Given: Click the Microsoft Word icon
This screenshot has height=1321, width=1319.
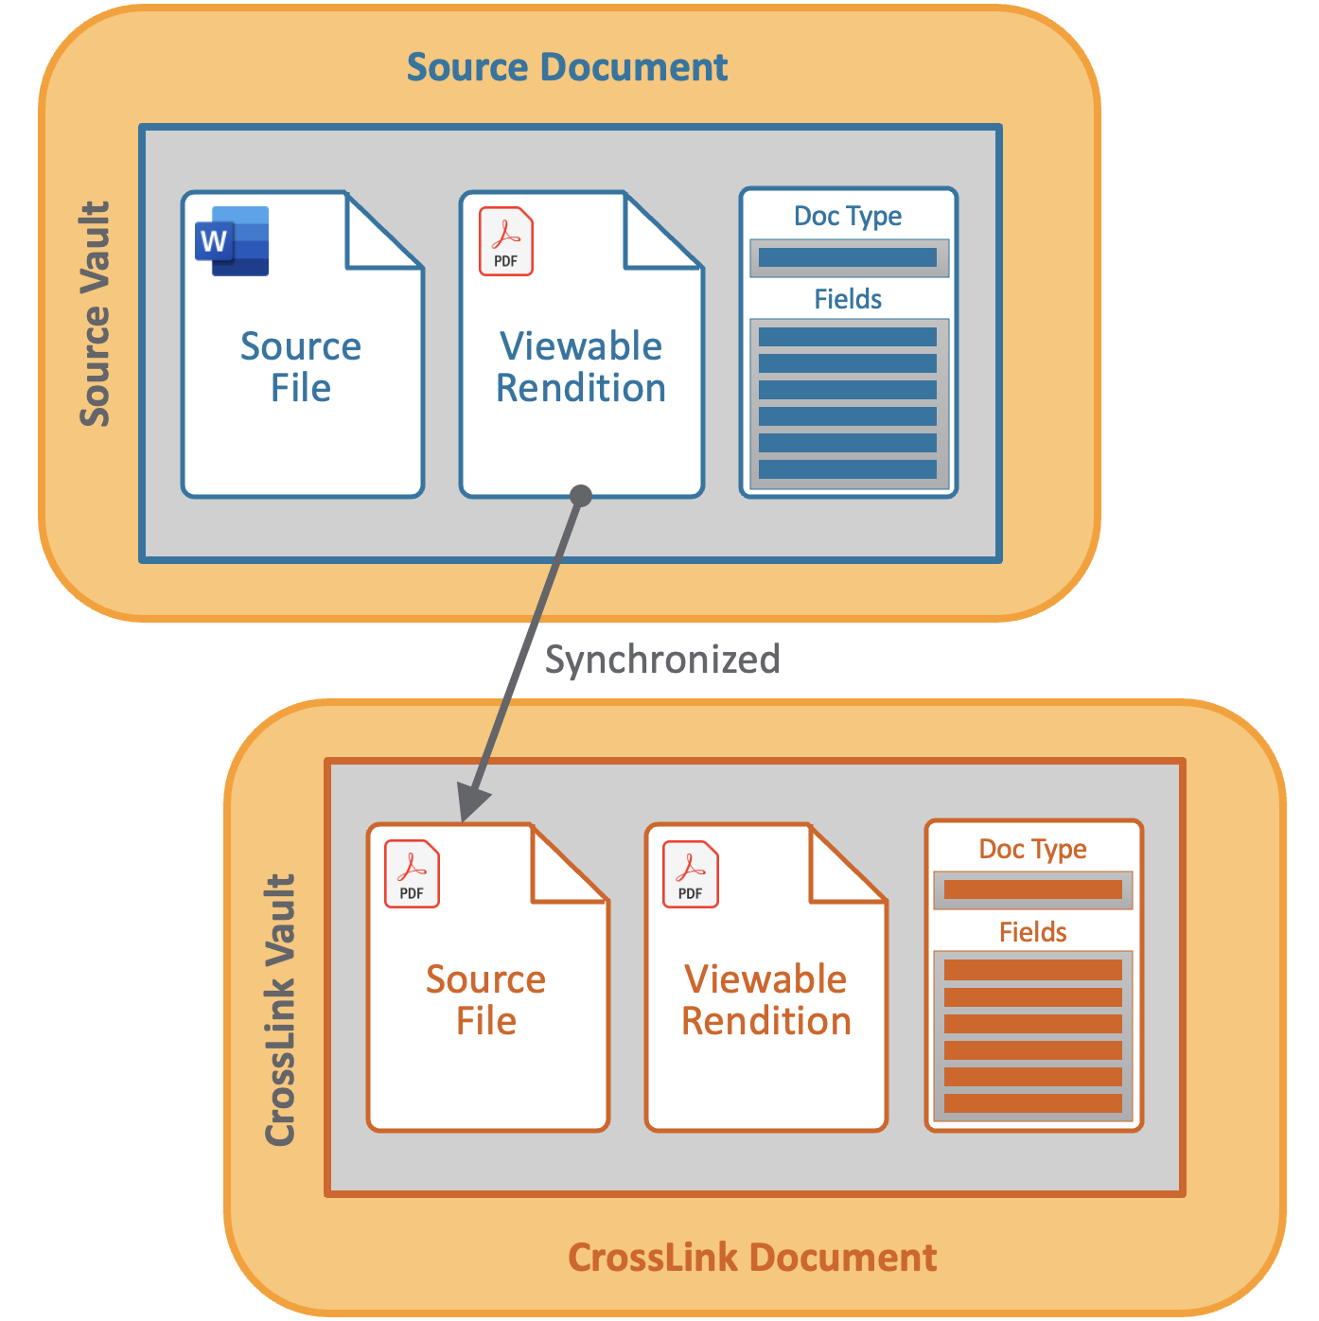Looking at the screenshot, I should pyautogui.click(x=233, y=241).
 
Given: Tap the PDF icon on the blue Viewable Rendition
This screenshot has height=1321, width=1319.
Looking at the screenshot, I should pyautogui.click(x=506, y=241).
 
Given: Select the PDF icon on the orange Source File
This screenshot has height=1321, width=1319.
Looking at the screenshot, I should pyautogui.click(x=412, y=873).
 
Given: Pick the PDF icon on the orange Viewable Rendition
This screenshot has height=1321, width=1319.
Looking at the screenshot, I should pyautogui.click(x=691, y=873).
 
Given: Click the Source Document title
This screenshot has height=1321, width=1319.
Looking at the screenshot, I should pyautogui.click(x=567, y=67).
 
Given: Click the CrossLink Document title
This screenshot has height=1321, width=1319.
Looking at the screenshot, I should pyautogui.click(x=752, y=1258).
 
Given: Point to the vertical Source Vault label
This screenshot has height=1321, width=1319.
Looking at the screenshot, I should pyautogui.click(x=96, y=314).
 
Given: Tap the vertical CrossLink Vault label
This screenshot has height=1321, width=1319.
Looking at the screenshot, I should pyautogui.click(x=281, y=1010).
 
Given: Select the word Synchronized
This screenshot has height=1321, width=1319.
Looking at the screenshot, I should pyautogui.click(x=662, y=660).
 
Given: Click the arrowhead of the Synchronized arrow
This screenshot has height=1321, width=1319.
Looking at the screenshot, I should pyautogui.click(x=471, y=804).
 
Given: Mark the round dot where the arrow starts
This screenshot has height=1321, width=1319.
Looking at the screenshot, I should pyautogui.click(x=581, y=495).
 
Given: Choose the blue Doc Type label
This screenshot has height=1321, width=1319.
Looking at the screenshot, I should pyautogui.click(x=848, y=216).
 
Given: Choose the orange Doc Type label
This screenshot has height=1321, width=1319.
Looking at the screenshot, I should pyautogui.click(x=1032, y=849).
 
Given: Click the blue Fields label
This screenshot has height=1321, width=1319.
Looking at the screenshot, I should pyautogui.click(x=848, y=299).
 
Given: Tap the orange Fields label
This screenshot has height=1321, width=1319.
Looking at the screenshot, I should pyautogui.click(x=1032, y=932).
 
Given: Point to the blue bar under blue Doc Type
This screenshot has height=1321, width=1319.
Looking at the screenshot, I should pyautogui.click(x=848, y=257).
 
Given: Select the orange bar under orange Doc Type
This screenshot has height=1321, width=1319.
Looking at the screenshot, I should pyautogui.click(x=1032, y=889).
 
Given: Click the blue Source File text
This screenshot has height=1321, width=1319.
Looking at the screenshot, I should pyautogui.click(x=301, y=367).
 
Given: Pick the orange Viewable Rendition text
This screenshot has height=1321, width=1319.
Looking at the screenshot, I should pyautogui.click(x=766, y=1000).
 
